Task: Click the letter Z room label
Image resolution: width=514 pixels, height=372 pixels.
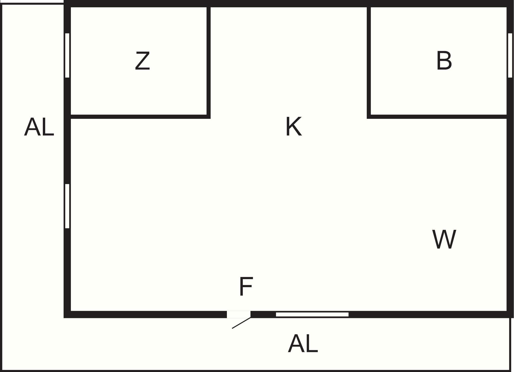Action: (143, 61)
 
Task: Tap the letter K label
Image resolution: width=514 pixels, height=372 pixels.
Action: (294, 127)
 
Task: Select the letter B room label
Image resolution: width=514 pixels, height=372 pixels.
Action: (444, 61)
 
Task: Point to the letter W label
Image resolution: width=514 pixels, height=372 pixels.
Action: (444, 239)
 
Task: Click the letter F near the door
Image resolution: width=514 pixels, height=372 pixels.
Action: (246, 286)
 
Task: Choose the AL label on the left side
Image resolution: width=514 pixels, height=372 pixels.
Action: (39, 127)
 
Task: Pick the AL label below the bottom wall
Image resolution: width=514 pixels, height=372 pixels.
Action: (303, 344)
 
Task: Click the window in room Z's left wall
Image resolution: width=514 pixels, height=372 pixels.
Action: (67, 55)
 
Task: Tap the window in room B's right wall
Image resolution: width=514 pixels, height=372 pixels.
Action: (510, 55)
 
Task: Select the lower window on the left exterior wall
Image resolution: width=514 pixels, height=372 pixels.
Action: (67, 206)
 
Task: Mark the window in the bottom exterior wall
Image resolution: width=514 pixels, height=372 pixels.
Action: (312, 314)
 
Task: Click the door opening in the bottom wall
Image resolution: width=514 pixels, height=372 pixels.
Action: (239, 314)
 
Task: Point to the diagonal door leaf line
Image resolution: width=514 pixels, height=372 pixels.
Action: (241, 323)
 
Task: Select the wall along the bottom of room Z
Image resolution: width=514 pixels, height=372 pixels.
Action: (139, 116)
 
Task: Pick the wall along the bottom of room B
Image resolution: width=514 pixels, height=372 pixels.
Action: (437, 116)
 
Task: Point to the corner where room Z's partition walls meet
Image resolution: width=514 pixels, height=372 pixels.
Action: (208, 116)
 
